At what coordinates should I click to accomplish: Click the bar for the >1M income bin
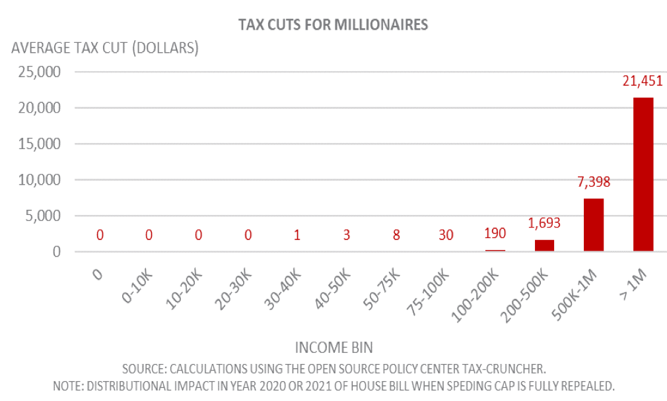[643, 175]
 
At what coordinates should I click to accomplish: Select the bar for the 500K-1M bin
[594, 225]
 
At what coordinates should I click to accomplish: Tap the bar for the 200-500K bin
[544, 245]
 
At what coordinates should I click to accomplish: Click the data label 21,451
[643, 80]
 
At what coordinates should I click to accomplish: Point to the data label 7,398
[594, 182]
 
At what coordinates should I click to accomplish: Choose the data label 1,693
[544, 223]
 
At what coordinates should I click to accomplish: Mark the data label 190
[495, 233]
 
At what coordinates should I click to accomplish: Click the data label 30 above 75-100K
[446, 235]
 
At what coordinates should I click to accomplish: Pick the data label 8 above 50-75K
[396, 235]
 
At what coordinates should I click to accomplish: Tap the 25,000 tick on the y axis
[40, 72]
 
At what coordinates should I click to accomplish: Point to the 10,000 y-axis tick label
[40, 179]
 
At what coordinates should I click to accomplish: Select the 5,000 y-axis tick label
[43, 216]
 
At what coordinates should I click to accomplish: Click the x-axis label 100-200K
[475, 295]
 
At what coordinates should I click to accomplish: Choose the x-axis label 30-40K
[283, 290]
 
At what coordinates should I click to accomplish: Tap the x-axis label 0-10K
[137, 287]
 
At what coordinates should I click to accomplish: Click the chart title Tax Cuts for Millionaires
[333, 24]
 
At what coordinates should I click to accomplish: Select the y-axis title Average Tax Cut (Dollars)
[105, 47]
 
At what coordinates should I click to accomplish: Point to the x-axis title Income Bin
[334, 348]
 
